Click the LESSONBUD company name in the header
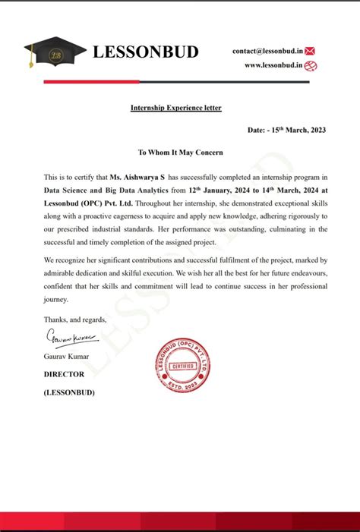click(145, 52)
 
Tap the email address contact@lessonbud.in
click(267, 51)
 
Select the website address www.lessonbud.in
click(273, 66)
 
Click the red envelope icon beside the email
click(310, 51)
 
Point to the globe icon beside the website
click(311, 66)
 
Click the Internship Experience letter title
click(175, 109)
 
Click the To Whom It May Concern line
click(175, 153)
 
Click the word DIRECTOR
click(64, 374)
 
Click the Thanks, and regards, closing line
click(75, 320)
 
